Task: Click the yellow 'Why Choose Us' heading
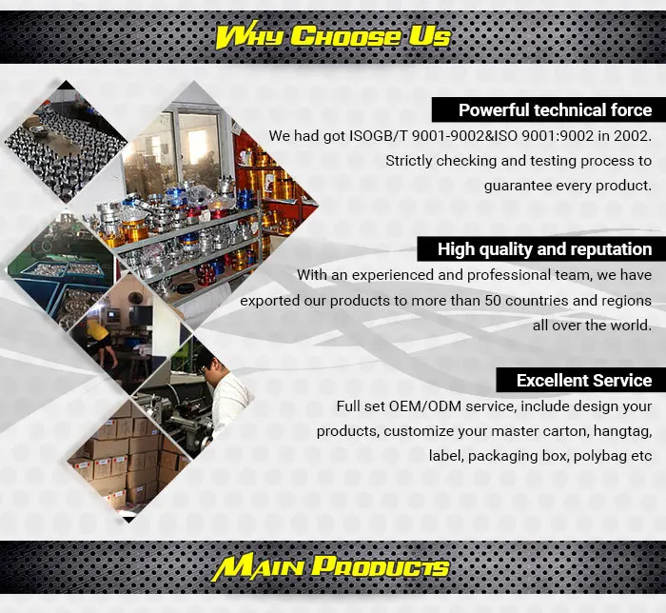pos(333,36)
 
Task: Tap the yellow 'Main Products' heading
pos(330,568)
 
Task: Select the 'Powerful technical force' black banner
pos(549,110)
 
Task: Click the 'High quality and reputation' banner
pos(541,249)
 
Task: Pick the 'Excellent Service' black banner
pos(581,380)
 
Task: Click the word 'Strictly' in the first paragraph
pos(408,161)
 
